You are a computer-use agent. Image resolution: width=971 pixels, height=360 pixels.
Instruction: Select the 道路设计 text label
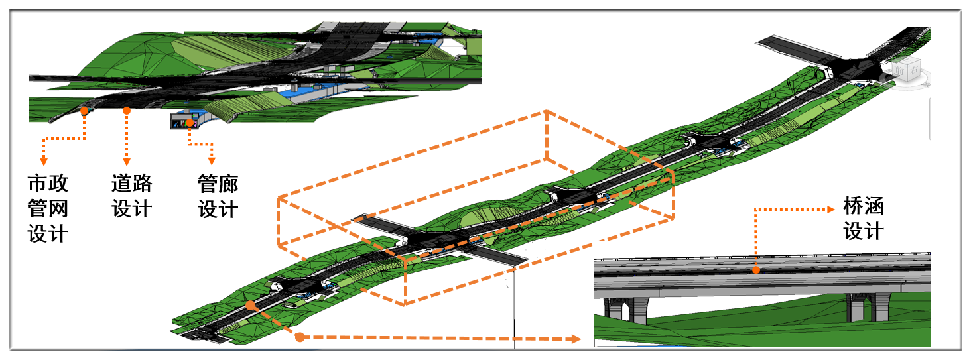pyautogui.click(x=131, y=196)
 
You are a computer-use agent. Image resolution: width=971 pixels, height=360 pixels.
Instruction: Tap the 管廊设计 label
pyautogui.click(x=218, y=196)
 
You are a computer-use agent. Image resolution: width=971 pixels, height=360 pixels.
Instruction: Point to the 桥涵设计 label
pyautogui.click(x=863, y=219)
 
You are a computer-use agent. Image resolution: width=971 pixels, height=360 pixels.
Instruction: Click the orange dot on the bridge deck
pyautogui.click(x=757, y=270)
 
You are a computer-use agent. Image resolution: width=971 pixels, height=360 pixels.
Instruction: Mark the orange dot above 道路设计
pyautogui.click(x=127, y=111)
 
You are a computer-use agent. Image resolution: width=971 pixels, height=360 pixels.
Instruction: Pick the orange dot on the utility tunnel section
pyautogui.click(x=190, y=123)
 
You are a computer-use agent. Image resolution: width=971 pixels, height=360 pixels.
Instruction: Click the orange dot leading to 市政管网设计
pyautogui.click(x=85, y=111)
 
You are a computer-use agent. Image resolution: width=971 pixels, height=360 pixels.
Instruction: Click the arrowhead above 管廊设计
pyautogui.click(x=212, y=162)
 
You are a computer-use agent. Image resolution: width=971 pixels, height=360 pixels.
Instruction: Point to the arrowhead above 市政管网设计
pyautogui.click(x=43, y=162)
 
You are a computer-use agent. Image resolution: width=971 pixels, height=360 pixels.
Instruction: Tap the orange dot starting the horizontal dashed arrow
pyautogui.click(x=300, y=337)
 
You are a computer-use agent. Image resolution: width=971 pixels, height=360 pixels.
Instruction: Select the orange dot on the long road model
pyautogui.click(x=249, y=305)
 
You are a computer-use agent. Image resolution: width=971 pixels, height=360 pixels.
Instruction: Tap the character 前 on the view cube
pyautogui.click(x=899, y=70)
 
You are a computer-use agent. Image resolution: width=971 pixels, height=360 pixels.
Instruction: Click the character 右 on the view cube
pyautogui.click(x=913, y=69)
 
